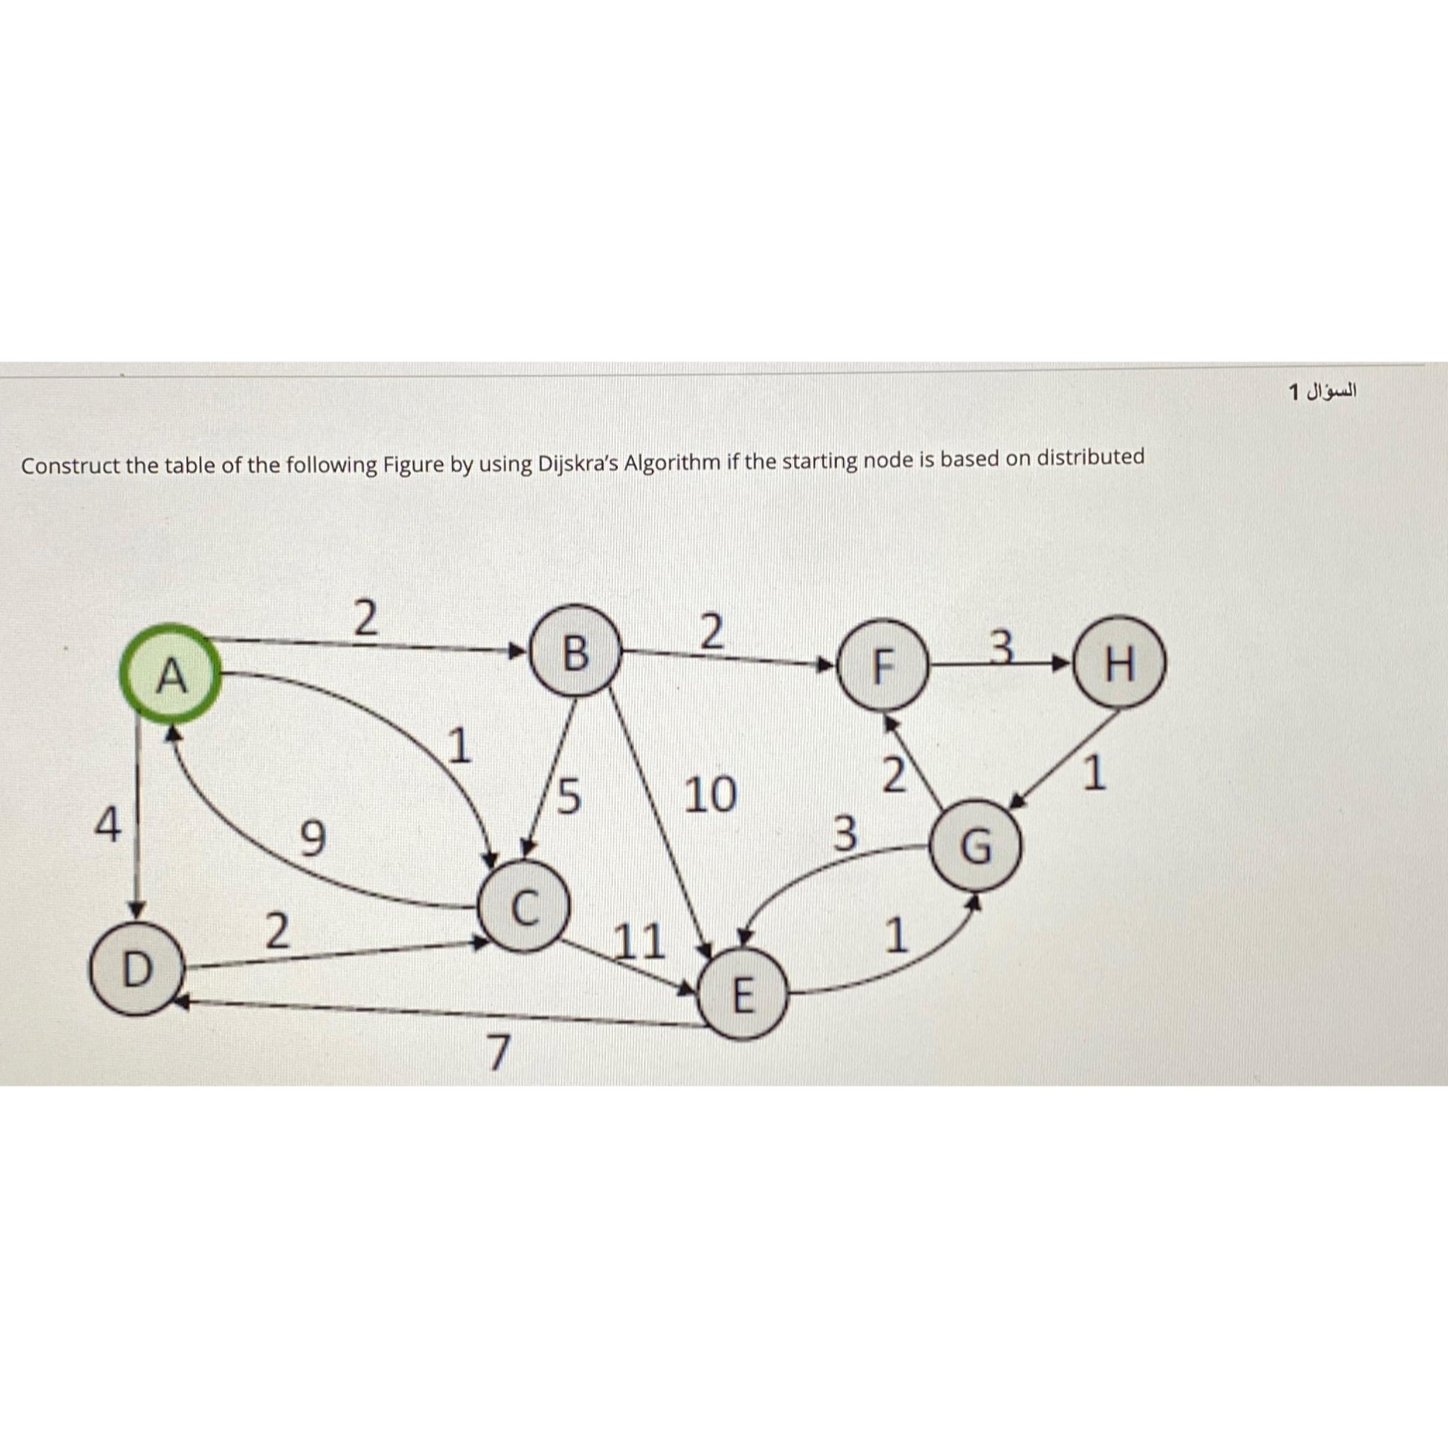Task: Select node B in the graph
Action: pyautogui.click(x=575, y=653)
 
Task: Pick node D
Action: pyautogui.click(x=136, y=970)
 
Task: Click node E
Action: pyautogui.click(x=742, y=995)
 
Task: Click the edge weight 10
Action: pyautogui.click(x=710, y=795)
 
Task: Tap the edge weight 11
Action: pyautogui.click(x=638, y=942)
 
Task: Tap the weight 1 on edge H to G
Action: pyautogui.click(x=1095, y=774)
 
